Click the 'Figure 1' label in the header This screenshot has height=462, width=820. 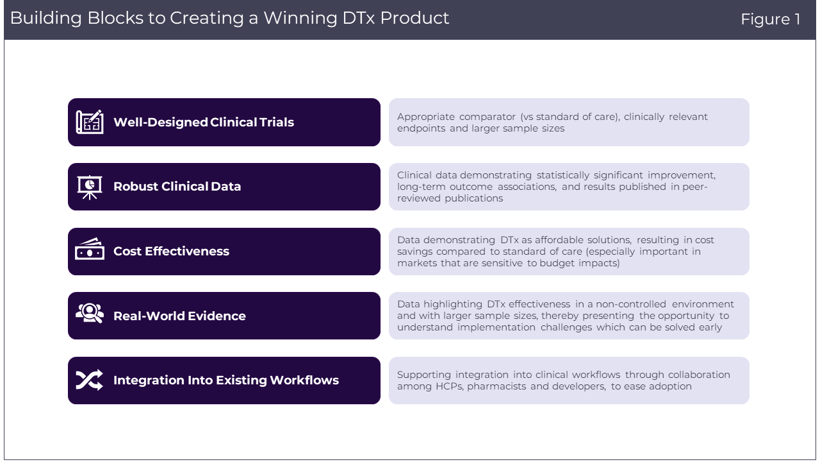[x=771, y=19]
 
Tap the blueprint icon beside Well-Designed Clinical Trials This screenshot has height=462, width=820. [x=90, y=122]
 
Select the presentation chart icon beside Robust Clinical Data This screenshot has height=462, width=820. [x=90, y=187]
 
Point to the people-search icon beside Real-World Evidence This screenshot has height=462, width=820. [x=90, y=312]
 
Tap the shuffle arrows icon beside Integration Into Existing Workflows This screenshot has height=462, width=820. [x=89, y=380]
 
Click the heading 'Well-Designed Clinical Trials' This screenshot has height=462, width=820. [x=204, y=122]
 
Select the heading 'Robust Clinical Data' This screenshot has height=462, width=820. [x=177, y=186]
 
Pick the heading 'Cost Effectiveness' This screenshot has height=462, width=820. [x=171, y=251]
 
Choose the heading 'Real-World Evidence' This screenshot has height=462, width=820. [x=179, y=316]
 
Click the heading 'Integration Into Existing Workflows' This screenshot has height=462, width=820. [x=226, y=381]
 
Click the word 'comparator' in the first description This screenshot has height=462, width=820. [x=488, y=117]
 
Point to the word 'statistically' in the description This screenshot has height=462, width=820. [x=563, y=175]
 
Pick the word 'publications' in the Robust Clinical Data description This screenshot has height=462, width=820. [x=473, y=198]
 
